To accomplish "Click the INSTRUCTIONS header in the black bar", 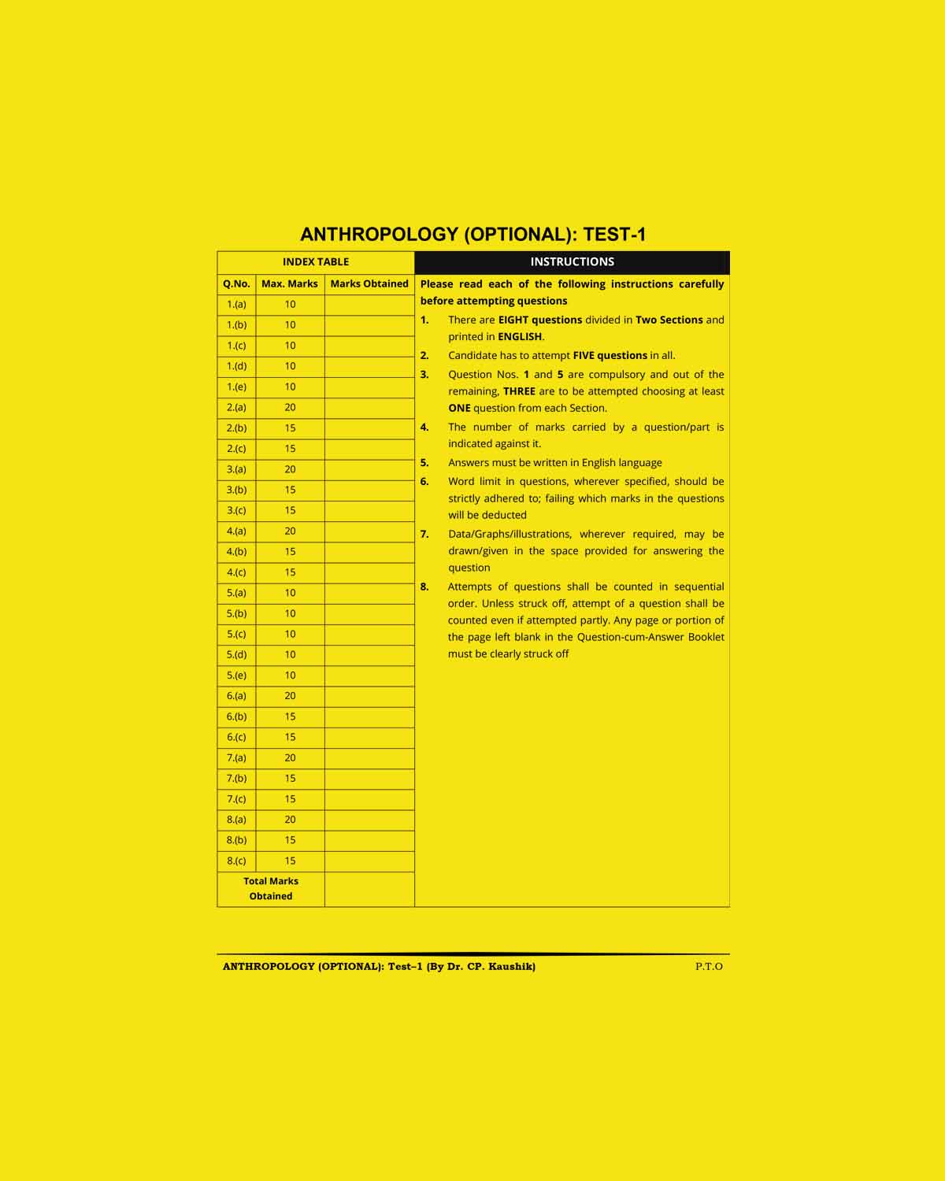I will (572, 262).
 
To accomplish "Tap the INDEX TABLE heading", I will (316, 262).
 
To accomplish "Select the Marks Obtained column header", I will (369, 283).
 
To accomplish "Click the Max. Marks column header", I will (290, 283).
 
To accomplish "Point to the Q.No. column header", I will (236, 283).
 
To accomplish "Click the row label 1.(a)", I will (236, 305).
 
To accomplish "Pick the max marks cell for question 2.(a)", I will (290, 408).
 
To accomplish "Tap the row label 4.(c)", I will (236, 572).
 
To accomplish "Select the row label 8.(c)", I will (236, 861).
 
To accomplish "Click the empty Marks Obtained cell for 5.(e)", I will (369, 676).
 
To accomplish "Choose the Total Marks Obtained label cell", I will (271, 889).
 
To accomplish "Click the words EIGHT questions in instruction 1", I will (540, 320).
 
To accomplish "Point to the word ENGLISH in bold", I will (520, 337).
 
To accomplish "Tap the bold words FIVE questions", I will (610, 356).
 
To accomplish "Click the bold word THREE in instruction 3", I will (519, 391).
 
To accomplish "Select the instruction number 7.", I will (424, 535).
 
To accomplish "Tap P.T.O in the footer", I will (709, 967).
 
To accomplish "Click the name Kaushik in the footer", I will (512, 967).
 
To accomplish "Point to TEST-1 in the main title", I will (614, 235).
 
